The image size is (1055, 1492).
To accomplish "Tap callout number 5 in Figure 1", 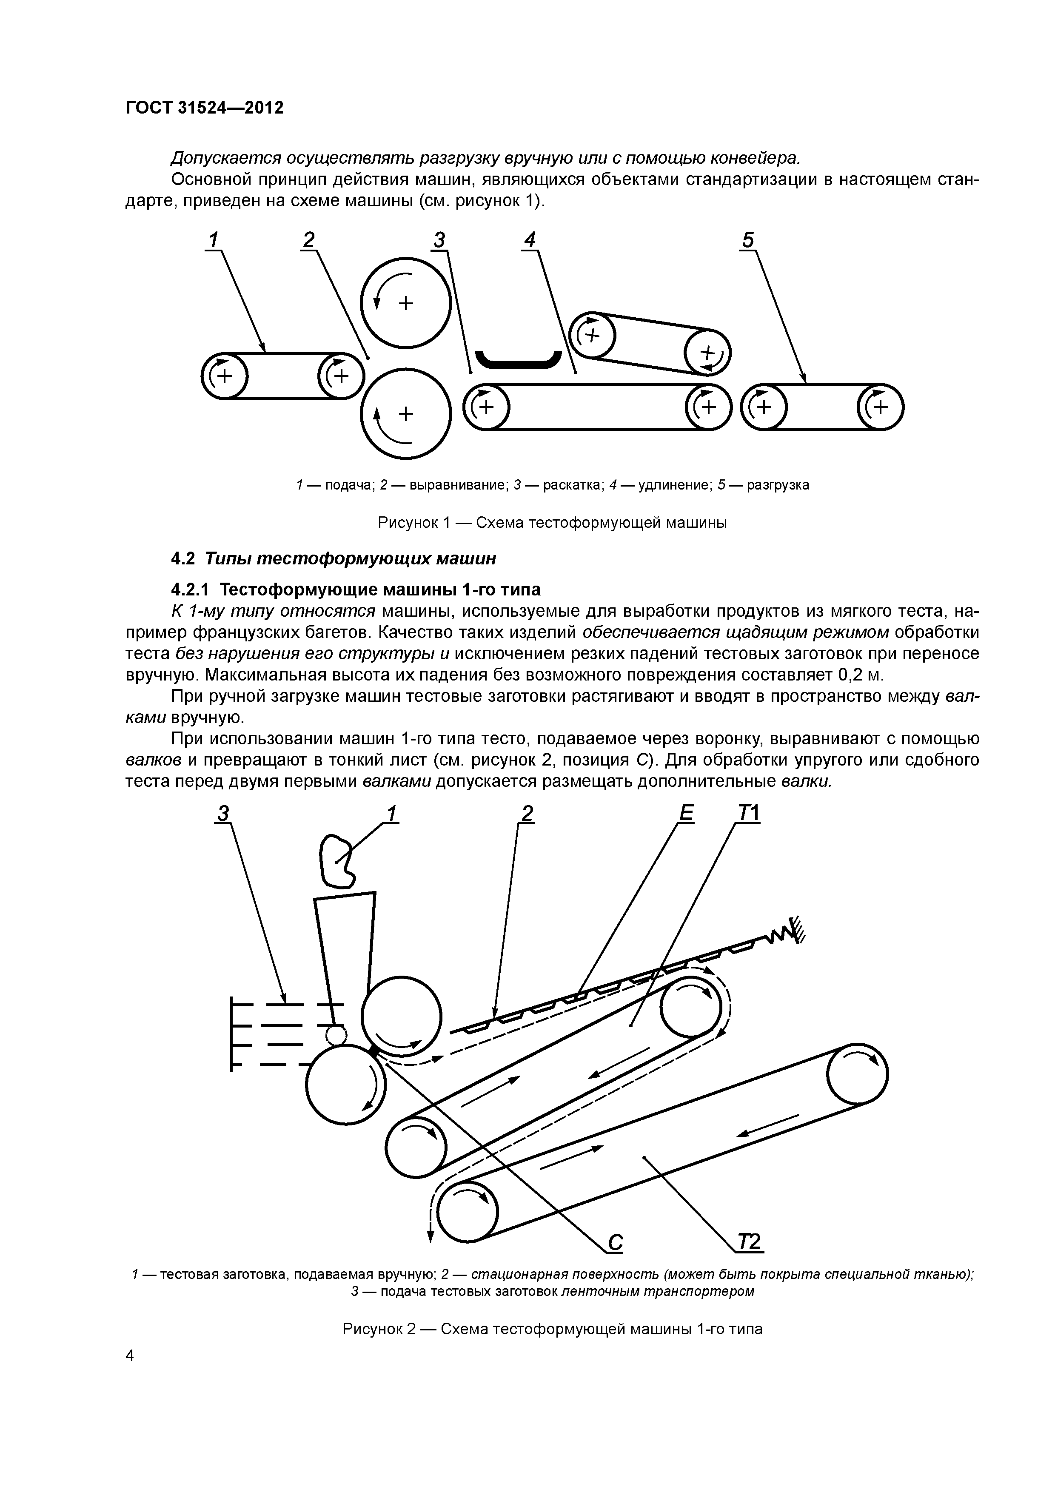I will tap(748, 240).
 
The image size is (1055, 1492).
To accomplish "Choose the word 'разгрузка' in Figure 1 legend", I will tap(778, 485).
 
